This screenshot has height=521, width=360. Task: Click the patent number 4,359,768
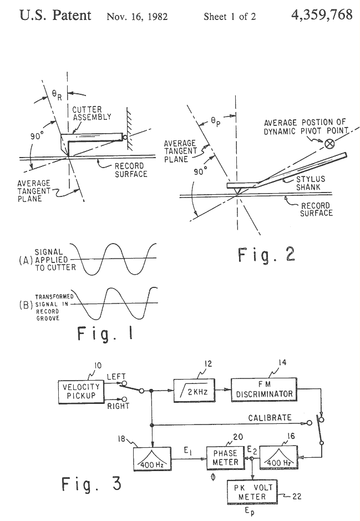pos(321,15)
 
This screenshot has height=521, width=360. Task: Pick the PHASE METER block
pos(225,457)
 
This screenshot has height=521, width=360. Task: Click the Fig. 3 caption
pos(92,484)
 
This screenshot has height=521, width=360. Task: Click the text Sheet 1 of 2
pos(230,17)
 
